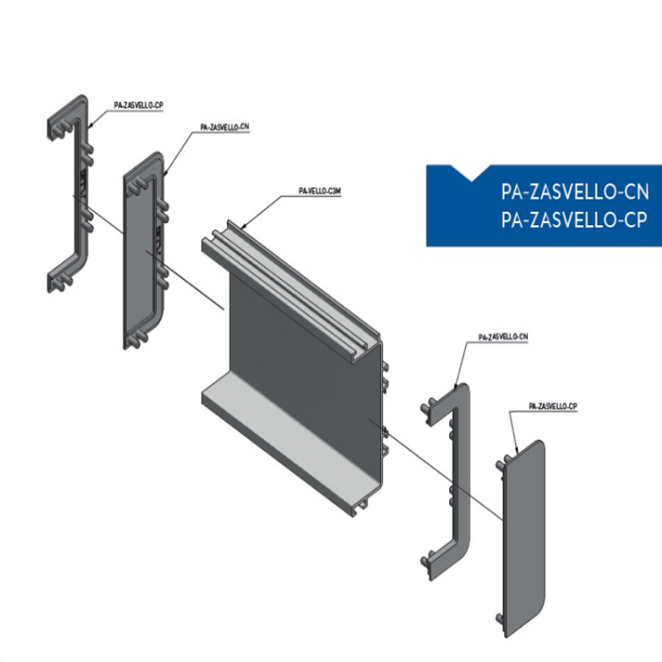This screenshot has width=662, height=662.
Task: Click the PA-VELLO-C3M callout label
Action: coord(320,191)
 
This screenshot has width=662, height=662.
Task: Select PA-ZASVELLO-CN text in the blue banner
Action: coord(575,192)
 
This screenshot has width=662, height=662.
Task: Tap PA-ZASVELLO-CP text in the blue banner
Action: coord(574,220)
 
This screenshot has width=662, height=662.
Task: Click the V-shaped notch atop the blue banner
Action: coord(471,173)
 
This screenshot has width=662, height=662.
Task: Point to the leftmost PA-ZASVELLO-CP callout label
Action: coord(138,105)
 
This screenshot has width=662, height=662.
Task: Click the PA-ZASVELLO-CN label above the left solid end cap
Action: coord(225,127)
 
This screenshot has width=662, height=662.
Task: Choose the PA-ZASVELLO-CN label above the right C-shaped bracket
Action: coord(503,337)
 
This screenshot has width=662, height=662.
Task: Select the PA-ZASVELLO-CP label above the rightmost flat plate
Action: coord(552,406)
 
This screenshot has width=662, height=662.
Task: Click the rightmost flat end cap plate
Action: coord(523,538)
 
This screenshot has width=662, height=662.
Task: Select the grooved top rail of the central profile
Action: coord(291,287)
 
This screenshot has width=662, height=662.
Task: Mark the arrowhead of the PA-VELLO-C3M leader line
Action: coord(243,227)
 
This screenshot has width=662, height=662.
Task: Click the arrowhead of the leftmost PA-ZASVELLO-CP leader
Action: coord(90,125)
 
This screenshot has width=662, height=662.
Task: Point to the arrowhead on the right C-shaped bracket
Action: coord(455,386)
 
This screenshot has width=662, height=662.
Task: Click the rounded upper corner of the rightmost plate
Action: coord(540,444)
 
